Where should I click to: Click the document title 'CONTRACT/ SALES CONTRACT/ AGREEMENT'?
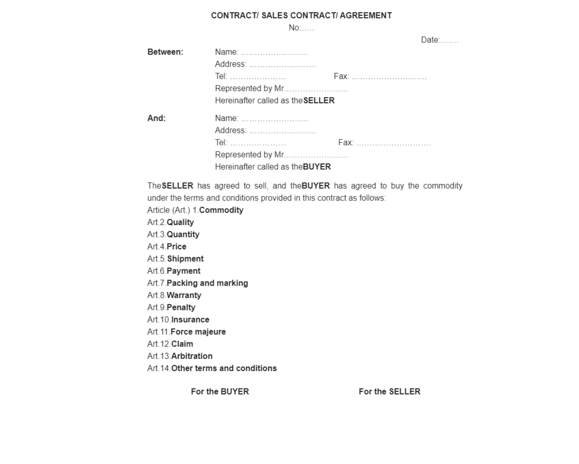(x=301, y=16)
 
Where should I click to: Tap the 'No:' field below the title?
(x=301, y=28)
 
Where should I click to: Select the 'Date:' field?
(x=439, y=40)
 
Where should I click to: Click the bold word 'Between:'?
(x=165, y=52)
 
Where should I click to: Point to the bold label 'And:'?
(x=157, y=118)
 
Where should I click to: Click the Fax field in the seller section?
(x=380, y=77)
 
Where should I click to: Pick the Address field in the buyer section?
(x=265, y=130)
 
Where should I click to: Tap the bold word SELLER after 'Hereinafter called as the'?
(x=319, y=101)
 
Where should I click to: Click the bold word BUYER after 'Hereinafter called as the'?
(x=317, y=167)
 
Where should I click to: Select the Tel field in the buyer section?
(x=250, y=143)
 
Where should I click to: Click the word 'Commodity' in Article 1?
(x=221, y=210)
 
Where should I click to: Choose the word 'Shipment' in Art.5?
(x=185, y=259)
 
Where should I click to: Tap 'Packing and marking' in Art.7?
(x=207, y=283)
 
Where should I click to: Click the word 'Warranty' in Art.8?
(x=184, y=296)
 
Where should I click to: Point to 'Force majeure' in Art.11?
(x=198, y=332)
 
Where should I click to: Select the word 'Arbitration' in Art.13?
(x=192, y=356)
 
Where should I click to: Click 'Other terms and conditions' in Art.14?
(x=224, y=369)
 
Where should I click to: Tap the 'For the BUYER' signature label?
(x=220, y=392)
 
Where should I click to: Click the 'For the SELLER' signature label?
(x=389, y=392)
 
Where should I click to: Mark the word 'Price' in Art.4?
(x=176, y=247)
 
